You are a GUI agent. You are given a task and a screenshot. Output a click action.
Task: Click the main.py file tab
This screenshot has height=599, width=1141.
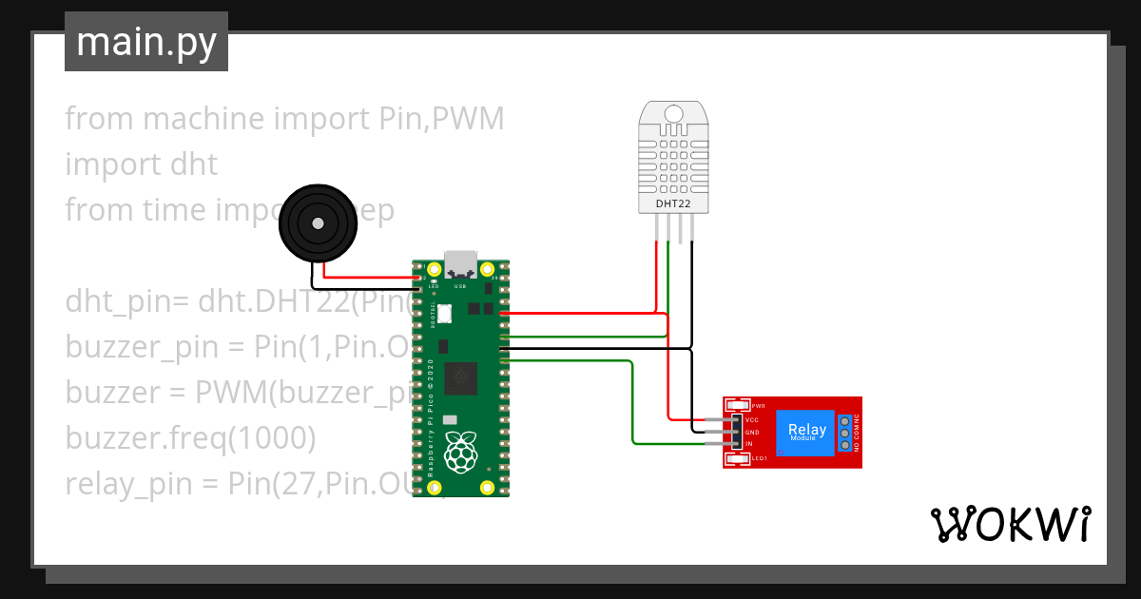tap(146, 43)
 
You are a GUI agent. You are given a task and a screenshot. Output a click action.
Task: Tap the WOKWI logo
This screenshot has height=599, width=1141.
tap(1009, 524)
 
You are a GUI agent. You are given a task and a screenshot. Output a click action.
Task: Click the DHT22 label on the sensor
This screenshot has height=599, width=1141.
tap(673, 203)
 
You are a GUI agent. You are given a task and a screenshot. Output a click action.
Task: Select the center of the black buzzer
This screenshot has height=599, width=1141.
tap(318, 224)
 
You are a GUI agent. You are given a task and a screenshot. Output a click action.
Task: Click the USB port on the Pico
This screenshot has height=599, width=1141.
tap(460, 263)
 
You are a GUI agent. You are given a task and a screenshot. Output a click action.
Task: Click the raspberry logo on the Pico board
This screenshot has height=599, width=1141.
tap(460, 454)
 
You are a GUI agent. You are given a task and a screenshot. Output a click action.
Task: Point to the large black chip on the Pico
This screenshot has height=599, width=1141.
tap(462, 377)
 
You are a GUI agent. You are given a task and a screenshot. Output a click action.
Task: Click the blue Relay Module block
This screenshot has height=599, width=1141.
tap(805, 433)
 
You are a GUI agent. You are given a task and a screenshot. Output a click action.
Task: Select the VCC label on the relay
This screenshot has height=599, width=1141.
tap(751, 419)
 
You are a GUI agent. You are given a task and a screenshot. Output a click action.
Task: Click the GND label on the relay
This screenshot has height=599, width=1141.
tap(751, 432)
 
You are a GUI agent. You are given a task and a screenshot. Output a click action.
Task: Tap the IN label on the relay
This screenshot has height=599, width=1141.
tap(749, 444)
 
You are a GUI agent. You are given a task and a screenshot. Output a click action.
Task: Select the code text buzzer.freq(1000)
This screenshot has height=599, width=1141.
tap(190, 438)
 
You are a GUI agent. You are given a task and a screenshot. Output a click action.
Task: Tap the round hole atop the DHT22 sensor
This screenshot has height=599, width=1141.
tap(673, 114)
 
